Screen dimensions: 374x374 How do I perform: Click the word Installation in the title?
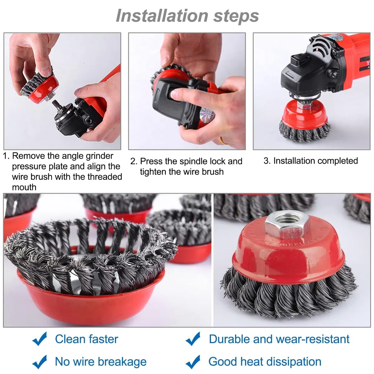coord(162,16)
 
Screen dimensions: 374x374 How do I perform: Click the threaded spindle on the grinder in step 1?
coord(57,105)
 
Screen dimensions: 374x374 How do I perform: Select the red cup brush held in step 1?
coord(40,85)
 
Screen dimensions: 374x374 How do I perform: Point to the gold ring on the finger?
coord(222,141)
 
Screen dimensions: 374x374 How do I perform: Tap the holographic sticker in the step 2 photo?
coord(207,116)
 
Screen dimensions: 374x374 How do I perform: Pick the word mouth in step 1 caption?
coord(24,187)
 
